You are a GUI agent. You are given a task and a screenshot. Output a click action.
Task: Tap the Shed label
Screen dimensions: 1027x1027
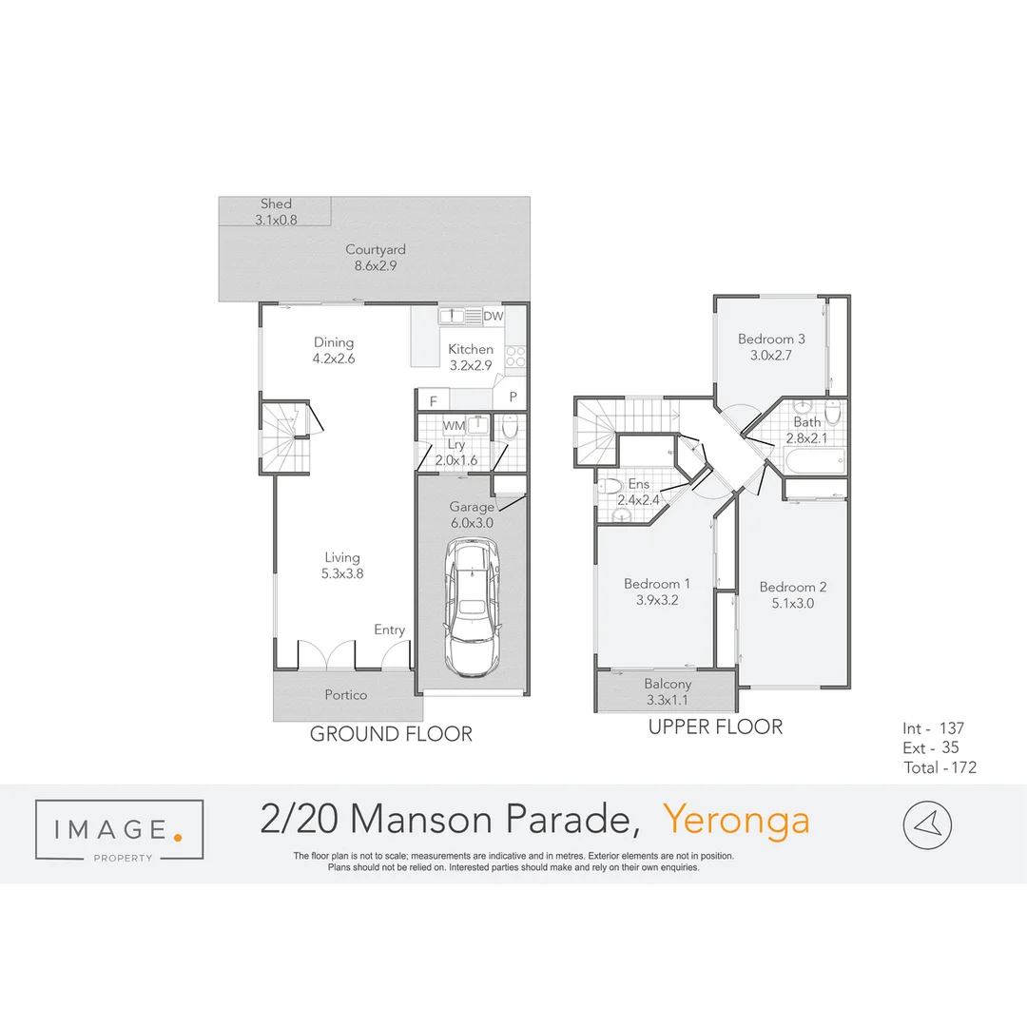tap(276, 204)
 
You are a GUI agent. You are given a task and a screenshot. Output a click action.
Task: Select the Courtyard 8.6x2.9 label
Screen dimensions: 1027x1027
tap(376, 258)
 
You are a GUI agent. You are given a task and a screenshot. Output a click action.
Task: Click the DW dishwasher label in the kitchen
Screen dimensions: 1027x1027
tap(493, 316)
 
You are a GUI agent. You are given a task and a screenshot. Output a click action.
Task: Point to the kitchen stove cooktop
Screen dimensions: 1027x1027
tap(516, 356)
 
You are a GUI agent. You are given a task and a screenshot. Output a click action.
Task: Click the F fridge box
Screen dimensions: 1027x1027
tap(433, 400)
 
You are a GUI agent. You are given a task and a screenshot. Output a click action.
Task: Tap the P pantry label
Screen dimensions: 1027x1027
tap(512, 397)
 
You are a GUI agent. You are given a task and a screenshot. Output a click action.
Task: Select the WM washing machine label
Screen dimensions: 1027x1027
tap(454, 426)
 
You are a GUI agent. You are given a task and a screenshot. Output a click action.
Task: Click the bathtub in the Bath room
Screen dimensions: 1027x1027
tap(814, 463)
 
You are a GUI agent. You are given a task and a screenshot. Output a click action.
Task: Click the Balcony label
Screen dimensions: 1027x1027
tap(668, 684)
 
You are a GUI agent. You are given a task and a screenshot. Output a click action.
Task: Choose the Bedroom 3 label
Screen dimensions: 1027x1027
tap(771, 339)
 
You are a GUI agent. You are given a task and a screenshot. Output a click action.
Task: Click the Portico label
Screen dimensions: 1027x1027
tap(345, 695)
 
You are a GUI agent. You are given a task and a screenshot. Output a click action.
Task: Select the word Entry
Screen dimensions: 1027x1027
tap(389, 630)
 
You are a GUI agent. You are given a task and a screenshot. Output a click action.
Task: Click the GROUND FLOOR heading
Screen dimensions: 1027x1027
tap(391, 734)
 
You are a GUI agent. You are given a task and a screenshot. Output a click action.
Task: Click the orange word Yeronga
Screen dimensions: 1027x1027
tap(736, 820)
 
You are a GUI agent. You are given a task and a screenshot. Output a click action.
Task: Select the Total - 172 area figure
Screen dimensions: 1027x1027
tap(940, 767)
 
